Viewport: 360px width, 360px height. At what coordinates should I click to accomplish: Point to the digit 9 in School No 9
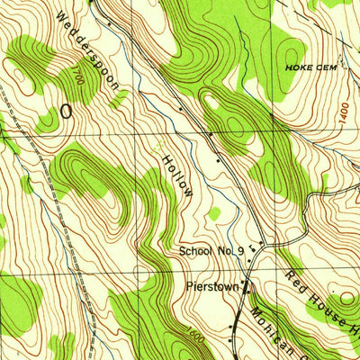pos(240,252)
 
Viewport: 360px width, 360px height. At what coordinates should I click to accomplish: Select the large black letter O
pos(66,111)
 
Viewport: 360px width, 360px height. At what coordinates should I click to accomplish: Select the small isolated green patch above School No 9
pos(213,213)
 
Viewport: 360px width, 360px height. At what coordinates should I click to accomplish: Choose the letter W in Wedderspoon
pos(60,17)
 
